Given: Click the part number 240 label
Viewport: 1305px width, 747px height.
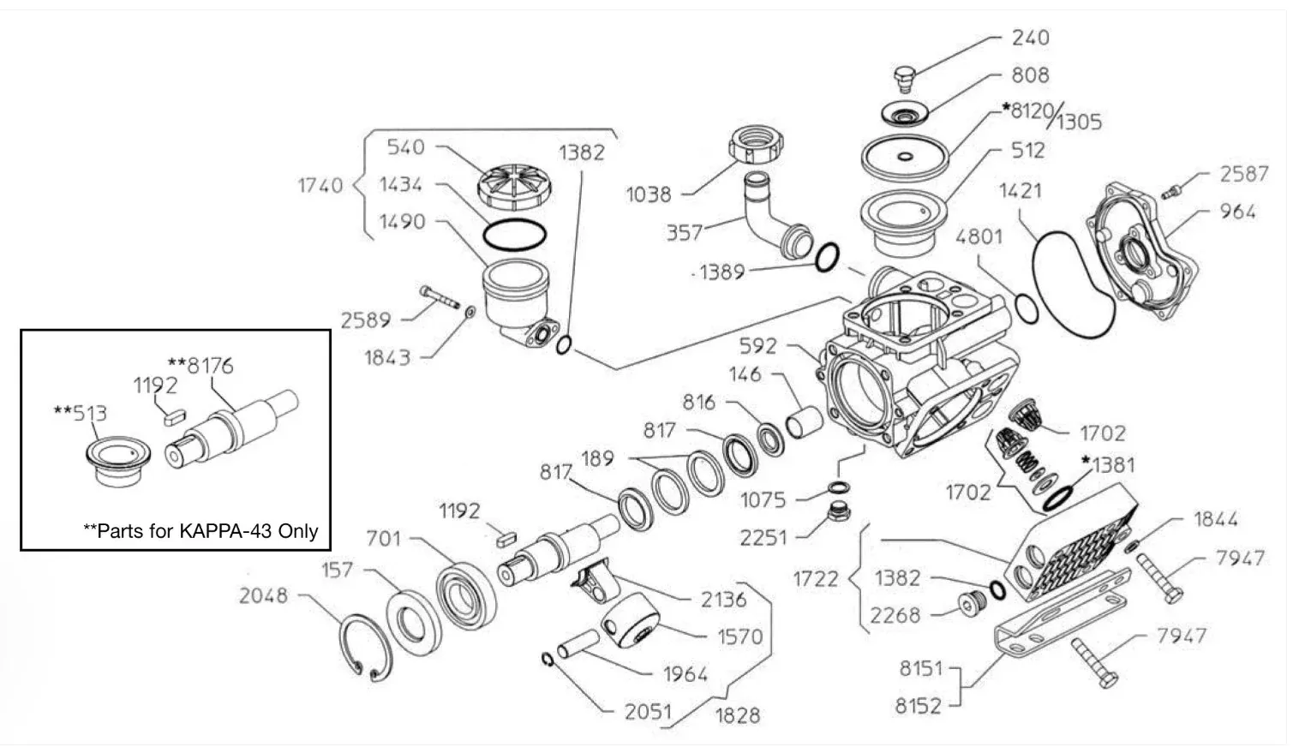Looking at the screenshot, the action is tap(1030, 38).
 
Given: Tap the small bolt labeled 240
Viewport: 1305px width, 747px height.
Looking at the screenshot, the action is tap(904, 79).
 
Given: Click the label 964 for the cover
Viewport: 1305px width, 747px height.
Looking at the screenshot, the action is tap(1237, 212).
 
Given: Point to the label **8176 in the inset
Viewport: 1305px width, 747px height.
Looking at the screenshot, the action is tap(201, 366).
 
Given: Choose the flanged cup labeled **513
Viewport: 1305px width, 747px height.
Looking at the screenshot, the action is tap(117, 460).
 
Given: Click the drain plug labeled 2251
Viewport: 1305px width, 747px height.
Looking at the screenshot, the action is tap(839, 511).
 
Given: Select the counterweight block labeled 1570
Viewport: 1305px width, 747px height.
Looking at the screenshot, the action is tap(629, 619).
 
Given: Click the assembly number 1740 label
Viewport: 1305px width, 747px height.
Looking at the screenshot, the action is tap(320, 186).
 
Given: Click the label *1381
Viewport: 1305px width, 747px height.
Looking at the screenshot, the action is tap(1109, 465).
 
